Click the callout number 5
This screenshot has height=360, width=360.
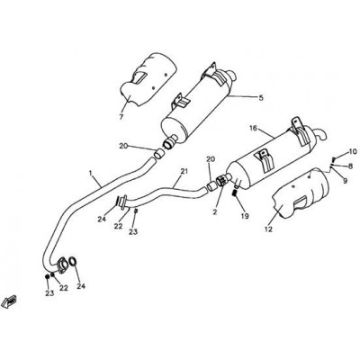261,98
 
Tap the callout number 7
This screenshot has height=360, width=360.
121,117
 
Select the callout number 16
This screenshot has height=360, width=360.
253,129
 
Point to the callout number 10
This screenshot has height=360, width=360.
352,151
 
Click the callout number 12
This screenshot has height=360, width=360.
268,229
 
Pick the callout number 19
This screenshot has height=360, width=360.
245,216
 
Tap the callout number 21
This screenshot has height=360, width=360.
184,171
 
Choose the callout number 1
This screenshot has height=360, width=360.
90,173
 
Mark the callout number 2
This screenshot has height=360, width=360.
215,212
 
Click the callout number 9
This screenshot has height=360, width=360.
345,181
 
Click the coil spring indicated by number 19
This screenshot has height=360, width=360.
236,193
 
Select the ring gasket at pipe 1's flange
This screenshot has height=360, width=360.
73,261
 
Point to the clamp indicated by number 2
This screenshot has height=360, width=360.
222,181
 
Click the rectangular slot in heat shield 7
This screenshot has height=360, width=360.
140,77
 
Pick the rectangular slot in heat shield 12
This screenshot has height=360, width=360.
301,202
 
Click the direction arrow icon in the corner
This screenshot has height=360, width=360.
9,301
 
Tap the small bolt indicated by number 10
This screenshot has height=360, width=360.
334,158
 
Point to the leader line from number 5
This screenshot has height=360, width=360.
242,96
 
